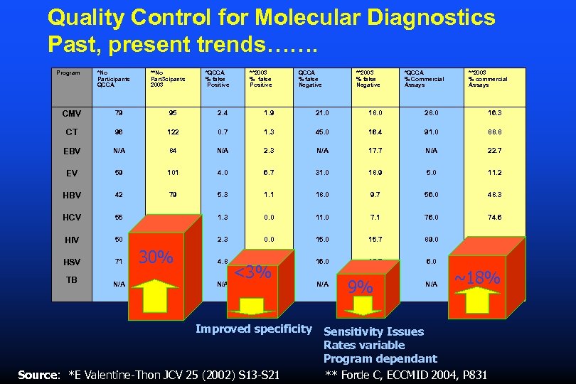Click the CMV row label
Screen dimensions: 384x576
(71, 113)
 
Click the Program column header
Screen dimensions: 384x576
(68, 73)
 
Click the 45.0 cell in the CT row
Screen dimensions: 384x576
(322, 132)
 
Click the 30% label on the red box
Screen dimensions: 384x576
(156, 257)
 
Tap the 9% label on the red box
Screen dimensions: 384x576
(361, 287)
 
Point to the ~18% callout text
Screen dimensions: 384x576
(479, 278)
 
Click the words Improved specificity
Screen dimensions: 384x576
(253, 329)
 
